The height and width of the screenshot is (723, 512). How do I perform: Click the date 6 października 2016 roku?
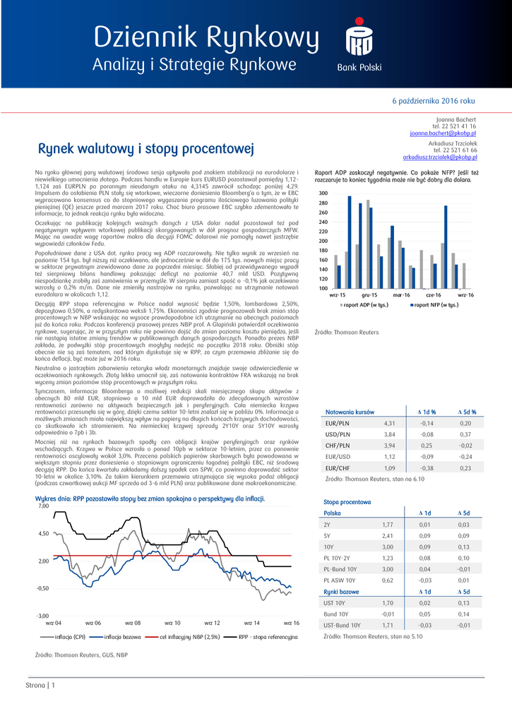tap(434, 101)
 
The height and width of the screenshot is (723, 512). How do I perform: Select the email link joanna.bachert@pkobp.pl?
tap(443, 133)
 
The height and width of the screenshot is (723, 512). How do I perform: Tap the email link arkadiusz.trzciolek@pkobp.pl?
tap(439, 157)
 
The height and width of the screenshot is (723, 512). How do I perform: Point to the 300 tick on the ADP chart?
tap(323, 193)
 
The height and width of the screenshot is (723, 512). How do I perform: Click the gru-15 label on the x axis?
tap(370, 294)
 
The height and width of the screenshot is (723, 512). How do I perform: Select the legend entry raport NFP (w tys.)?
tap(436, 305)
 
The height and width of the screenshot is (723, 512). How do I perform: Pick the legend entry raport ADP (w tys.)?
tap(367, 305)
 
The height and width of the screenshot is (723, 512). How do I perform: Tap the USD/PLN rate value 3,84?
tap(389, 434)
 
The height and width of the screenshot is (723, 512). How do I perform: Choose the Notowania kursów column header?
tap(350, 412)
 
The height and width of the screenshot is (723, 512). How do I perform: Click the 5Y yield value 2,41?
tap(388, 536)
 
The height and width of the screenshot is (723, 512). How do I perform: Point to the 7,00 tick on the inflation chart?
tap(43, 506)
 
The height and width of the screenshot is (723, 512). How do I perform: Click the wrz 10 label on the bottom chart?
tap(172, 623)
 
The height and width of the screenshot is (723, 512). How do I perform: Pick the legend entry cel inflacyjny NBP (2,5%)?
tap(190, 637)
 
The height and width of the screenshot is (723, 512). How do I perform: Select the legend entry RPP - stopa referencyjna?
tap(268, 637)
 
